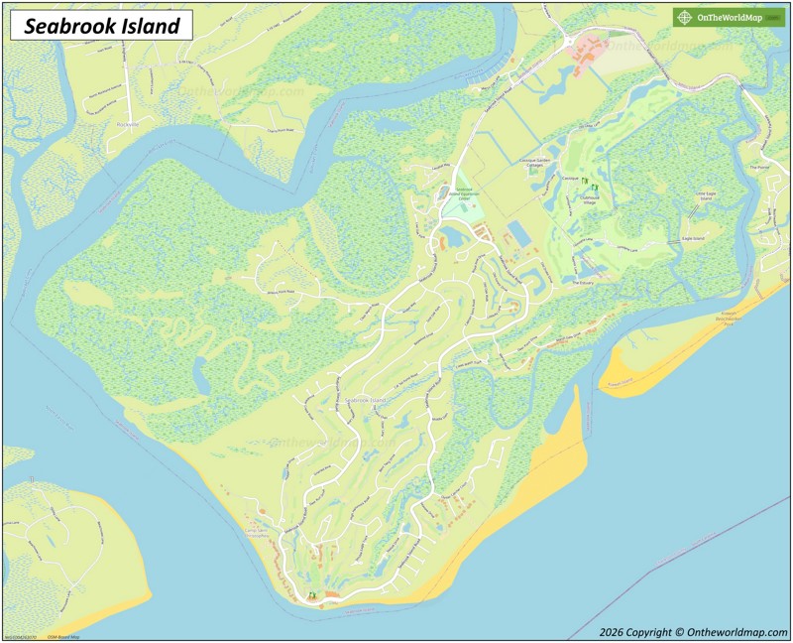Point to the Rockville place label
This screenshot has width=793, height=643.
(128, 125)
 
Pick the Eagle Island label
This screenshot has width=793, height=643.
(691, 239)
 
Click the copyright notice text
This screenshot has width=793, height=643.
(693, 631)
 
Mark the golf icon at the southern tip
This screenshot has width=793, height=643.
(312, 595)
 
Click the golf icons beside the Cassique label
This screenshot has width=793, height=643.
(584, 182)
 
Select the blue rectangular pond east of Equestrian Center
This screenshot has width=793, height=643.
(517, 234)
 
